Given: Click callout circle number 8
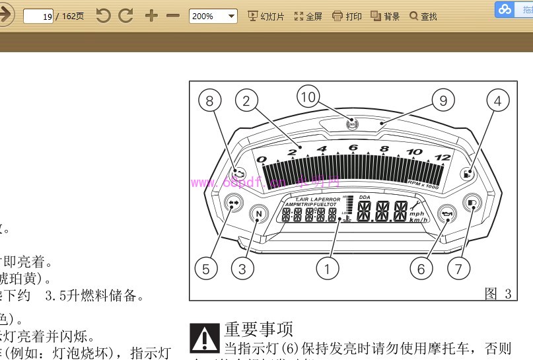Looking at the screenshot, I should pos(209,100).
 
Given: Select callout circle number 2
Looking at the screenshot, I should pos(246,100).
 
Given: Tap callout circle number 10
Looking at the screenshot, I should pos(308,98).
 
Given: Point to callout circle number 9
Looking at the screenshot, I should pos(443,100).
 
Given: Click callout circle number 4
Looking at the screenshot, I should pos(498,100).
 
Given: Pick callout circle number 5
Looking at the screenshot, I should pos(206,268).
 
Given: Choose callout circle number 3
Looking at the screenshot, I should pos(243,268).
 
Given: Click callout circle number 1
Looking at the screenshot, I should pos(328,268).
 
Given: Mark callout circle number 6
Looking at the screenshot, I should pos(421,268).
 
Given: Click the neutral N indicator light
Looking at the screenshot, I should pos(259,214).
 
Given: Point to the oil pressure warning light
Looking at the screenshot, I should pos(448,214).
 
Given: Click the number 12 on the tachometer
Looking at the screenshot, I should pos(443,158).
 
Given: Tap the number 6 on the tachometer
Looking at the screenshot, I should pos(353,147).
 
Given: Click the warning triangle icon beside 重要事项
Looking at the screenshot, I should pos(204,336).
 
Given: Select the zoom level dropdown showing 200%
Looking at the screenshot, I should pos(213,16).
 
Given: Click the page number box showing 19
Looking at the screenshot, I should pos(39,16).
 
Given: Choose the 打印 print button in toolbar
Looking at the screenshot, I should pos(347,16).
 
